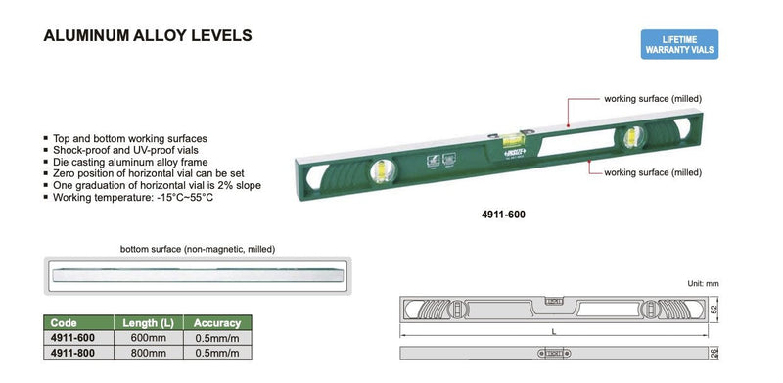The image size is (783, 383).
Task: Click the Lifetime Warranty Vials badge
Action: tap(679, 44)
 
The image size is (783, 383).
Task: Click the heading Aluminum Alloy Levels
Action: tap(148, 35)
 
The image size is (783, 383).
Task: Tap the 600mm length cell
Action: tap(149, 338)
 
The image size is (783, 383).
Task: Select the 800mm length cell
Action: tap(149, 353)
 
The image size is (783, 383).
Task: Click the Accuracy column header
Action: tap(217, 323)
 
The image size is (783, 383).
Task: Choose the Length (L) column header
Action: tap(149, 323)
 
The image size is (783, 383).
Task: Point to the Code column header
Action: tap(64, 323)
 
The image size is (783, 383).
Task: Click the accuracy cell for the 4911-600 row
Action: tap(217, 338)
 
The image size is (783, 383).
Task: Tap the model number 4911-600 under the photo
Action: tap(503, 215)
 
